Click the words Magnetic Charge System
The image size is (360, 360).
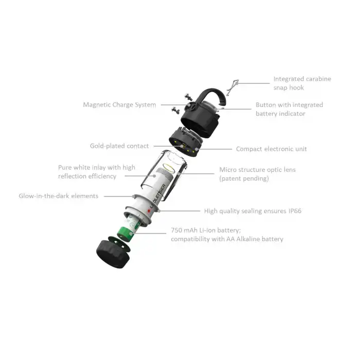click(x=119, y=105)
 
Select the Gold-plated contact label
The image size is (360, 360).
click(x=119, y=146)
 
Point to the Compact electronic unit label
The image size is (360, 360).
click(x=271, y=149)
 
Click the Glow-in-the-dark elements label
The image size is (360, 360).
click(x=58, y=196)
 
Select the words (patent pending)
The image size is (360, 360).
click(x=244, y=178)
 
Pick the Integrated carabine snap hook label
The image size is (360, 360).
click(x=302, y=83)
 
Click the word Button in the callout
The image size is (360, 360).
click(x=267, y=105)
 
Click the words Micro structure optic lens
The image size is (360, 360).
click(x=257, y=170)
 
